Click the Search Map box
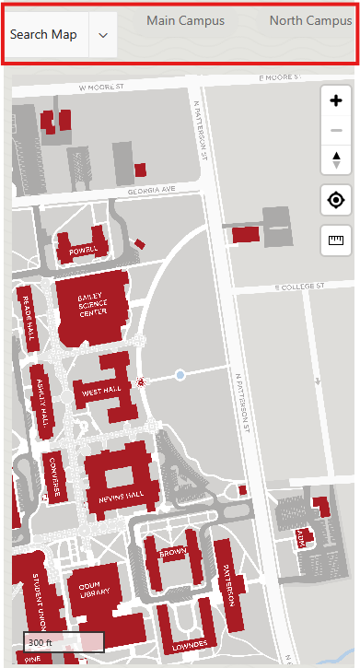click(x=43, y=35)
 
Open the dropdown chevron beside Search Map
click(x=102, y=35)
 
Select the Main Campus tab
click(x=185, y=20)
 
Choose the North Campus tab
click(x=310, y=20)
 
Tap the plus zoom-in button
click(x=336, y=101)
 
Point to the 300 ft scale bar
click(x=64, y=642)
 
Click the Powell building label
click(x=83, y=249)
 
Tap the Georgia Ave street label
click(x=152, y=189)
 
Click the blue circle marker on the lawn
click(x=180, y=375)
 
